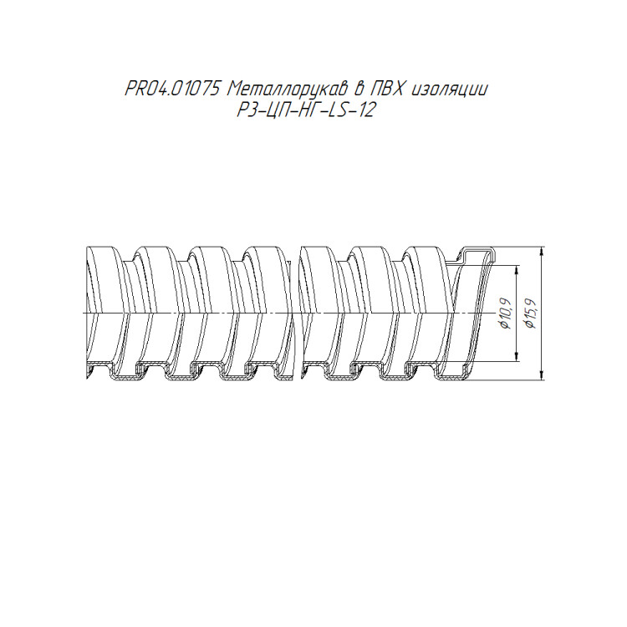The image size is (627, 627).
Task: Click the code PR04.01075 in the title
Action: pyautogui.click(x=173, y=89)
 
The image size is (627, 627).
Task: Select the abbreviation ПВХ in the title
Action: pyautogui.click(x=388, y=89)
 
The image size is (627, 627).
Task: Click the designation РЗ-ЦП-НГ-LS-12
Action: pyautogui.click(x=306, y=110)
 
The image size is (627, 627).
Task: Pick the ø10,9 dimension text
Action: pyautogui.click(x=506, y=313)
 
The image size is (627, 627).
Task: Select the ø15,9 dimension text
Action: pyautogui.click(x=531, y=313)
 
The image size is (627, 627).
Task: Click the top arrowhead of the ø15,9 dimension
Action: pyautogui.click(x=542, y=252)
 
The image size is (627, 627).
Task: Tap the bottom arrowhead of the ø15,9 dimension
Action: pyautogui.click(x=542, y=375)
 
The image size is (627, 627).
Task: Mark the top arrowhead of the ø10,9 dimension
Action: pyautogui.click(x=517, y=269)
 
